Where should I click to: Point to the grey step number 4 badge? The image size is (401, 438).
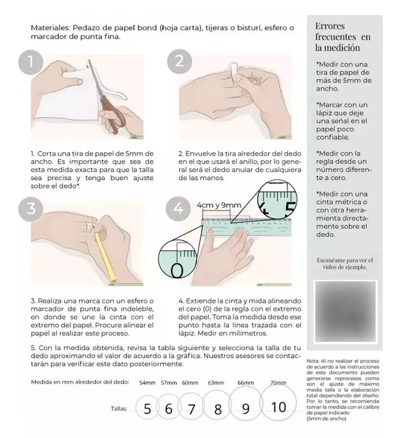179,209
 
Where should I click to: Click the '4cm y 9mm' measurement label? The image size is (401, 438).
219,205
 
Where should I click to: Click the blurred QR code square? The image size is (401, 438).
345,313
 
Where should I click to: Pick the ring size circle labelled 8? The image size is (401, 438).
218,409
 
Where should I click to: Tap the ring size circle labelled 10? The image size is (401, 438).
278,407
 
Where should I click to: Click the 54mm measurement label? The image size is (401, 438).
147,383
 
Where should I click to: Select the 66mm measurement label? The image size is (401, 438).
245,383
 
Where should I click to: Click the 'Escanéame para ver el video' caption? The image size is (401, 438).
345,263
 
